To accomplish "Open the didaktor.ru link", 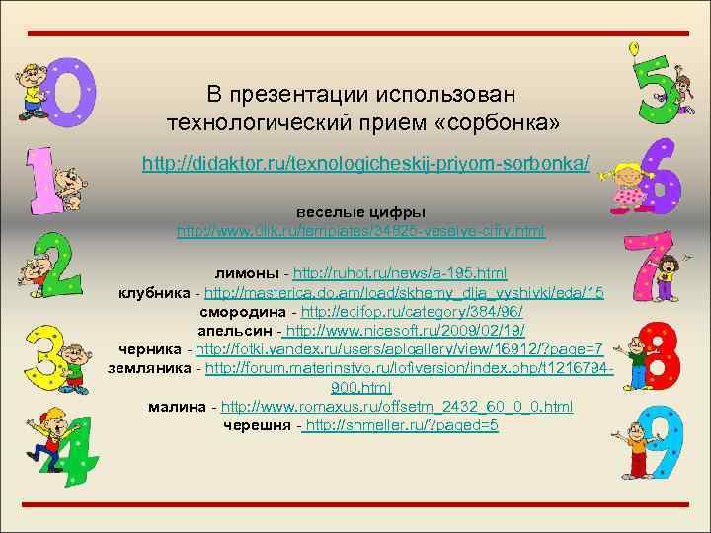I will (x=365, y=161).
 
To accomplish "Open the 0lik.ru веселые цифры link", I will (x=360, y=231).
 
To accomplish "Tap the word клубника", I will (x=155, y=293).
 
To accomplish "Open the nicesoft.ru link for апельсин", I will (x=405, y=331).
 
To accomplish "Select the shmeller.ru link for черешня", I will (x=401, y=425).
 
